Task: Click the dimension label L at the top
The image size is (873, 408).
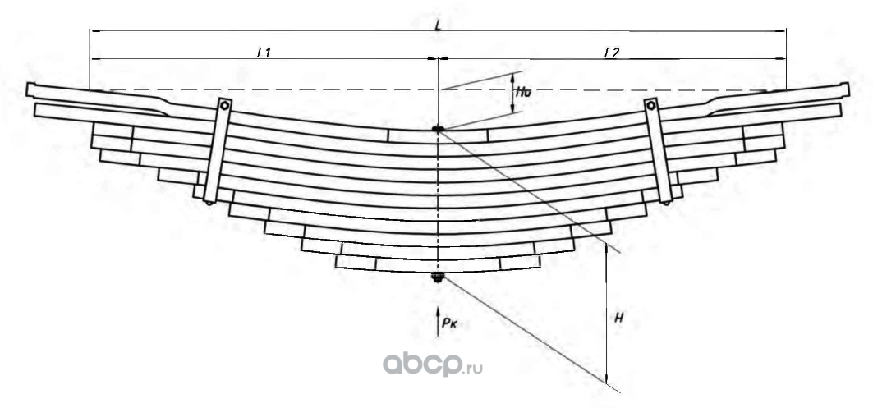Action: pyautogui.click(x=439, y=25)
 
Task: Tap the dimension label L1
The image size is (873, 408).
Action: pyautogui.click(x=264, y=53)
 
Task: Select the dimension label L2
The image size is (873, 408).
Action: pyautogui.click(x=611, y=53)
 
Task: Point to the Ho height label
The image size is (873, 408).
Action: pyautogui.click(x=522, y=94)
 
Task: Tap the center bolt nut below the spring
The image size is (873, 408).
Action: pyautogui.click(x=438, y=278)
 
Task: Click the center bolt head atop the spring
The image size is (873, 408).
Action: pyautogui.click(x=438, y=129)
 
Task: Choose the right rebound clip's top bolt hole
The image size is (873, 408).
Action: pyautogui.click(x=651, y=104)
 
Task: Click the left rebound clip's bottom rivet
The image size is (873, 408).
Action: pyautogui.click(x=210, y=201)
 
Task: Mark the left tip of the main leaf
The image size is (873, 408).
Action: pyautogui.click(x=29, y=89)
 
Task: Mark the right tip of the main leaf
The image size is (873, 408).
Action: pyautogui.click(x=847, y=89)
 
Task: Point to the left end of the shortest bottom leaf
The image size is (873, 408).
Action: pyautogui.click(x=338, y=262)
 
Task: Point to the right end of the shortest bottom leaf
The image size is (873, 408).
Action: pyautogui.click(x=539, y=262)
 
